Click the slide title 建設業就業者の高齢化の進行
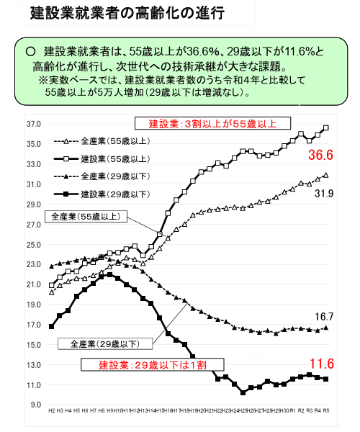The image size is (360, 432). coord(117,14)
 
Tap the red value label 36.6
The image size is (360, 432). coord(320,156)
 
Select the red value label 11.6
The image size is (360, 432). coord(320,363)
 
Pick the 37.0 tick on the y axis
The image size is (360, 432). coord(34,124)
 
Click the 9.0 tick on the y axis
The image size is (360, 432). coord(35,405)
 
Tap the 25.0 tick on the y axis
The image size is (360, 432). coord(34,245)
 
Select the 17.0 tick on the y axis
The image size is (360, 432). coord(34,325)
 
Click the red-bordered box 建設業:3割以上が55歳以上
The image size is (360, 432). coord(213,123)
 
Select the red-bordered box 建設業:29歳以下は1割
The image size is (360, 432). coord(152,365)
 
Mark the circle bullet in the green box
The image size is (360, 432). coord(30,53)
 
